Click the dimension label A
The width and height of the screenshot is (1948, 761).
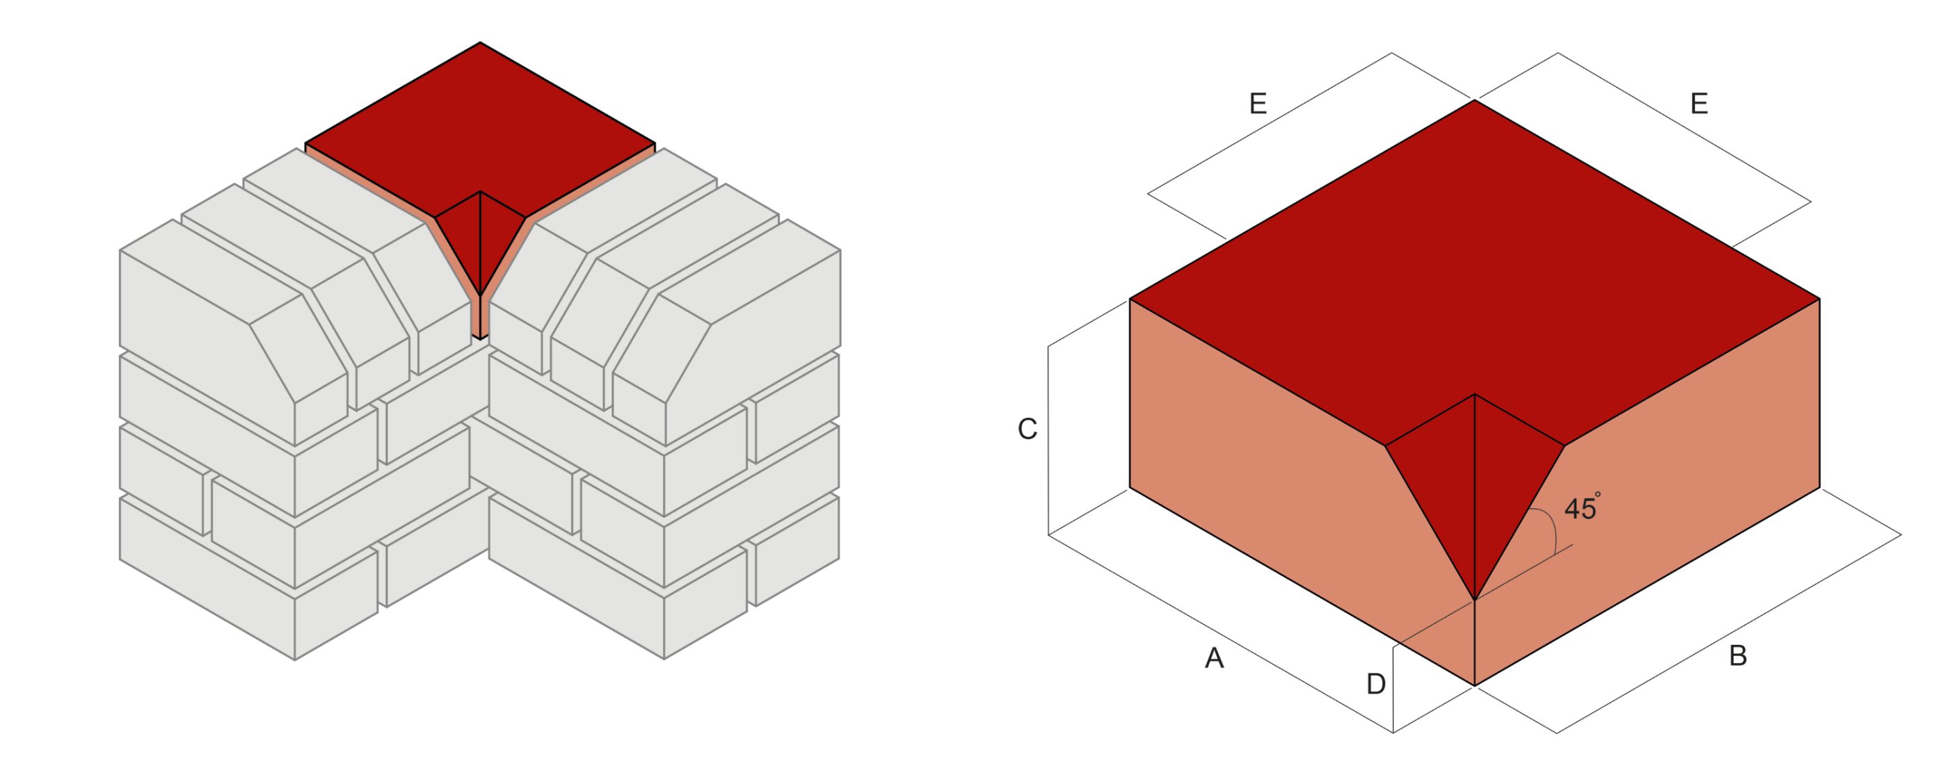1214,658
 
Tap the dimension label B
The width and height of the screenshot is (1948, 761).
1738,655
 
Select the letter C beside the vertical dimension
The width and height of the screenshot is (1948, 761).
1027,429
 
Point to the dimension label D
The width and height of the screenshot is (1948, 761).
1375,685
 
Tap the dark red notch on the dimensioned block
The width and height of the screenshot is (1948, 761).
1475,484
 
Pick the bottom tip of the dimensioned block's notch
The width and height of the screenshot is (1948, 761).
1475,600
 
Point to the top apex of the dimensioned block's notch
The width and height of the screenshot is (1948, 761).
1475,395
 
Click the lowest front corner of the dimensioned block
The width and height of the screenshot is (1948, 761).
1475,685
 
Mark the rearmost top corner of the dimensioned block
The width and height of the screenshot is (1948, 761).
1475,101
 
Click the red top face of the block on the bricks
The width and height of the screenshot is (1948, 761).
480,129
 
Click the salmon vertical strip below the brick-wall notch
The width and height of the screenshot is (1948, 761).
476,318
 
